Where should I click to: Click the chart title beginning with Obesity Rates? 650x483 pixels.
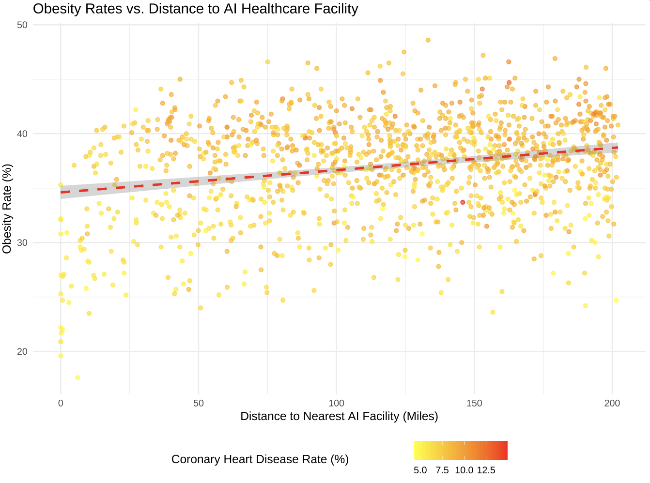coord(195,9)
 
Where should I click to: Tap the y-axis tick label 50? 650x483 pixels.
coord(23,25)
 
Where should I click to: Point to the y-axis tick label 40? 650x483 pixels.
coord(23,134)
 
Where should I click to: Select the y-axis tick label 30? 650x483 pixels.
coord(23,242)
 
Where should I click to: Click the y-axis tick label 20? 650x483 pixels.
coord(23,351)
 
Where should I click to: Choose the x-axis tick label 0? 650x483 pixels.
coord(61,403)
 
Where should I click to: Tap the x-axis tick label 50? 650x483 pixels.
coord(199,403)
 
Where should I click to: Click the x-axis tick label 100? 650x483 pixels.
coord(336,403)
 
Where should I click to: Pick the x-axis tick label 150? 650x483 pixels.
coord(474,403)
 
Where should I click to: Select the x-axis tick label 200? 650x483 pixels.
coord(612,403)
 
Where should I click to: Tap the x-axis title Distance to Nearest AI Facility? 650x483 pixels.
coord(339,416)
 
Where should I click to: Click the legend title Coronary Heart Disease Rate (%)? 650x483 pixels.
coord(260,459)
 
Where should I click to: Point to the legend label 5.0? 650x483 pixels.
coord(420,470)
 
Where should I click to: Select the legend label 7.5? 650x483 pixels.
coord(442,470)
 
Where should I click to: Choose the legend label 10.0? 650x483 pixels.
coord(464,470)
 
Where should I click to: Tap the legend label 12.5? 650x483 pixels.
coord(486,470)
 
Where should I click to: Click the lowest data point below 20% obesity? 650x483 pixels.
coord(77,377)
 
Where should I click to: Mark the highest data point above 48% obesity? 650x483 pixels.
coord(428,40)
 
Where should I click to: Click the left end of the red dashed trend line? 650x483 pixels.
coord(62,192)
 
